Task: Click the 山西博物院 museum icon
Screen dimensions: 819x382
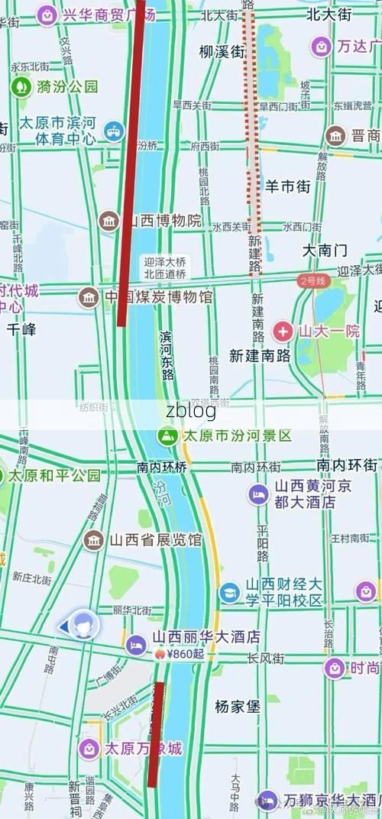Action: click(x=110, y=222)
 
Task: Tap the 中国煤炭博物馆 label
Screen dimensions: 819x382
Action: click(x=158, y=296)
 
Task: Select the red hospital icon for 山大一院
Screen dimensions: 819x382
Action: click(x=283, y=332)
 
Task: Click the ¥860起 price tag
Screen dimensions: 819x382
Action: click(x=184, y=654)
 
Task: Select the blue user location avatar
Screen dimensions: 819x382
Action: click(x=82, y=626)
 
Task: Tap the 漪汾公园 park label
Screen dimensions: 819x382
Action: click(x=69, y=86)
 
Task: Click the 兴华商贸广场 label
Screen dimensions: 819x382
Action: click(x=108, y=14)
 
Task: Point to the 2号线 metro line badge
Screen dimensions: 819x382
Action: click(x=312, y=281)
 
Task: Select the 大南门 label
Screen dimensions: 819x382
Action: click(x=324, y=250)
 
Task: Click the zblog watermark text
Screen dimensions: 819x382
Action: click(x=190, y=410)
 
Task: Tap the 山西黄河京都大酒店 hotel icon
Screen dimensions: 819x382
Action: click(x=257, y=494)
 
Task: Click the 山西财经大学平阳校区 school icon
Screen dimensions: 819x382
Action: click(x=230, y=592)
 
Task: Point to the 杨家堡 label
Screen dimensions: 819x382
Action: click(x=237, y=707)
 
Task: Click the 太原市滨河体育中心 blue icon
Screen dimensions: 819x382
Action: click(x=114, y=131)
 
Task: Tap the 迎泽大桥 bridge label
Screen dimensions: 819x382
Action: click(x=165, y=261)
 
